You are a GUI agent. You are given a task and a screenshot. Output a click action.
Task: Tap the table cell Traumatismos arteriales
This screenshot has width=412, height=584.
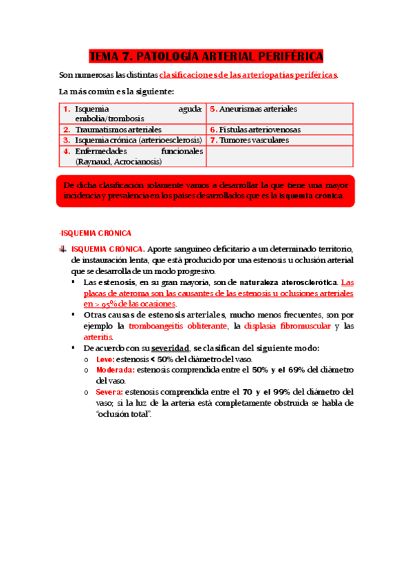tap(118, 129)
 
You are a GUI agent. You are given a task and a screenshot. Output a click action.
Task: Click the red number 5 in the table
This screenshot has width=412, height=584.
tap(213, 109)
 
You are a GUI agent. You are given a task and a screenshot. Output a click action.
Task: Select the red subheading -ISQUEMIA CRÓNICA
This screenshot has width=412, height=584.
tap(96, 233)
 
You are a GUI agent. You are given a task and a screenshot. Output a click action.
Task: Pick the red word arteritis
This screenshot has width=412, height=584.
tap(98, 337)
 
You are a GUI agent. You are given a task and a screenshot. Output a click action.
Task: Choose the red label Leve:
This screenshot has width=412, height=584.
tap(106, 359)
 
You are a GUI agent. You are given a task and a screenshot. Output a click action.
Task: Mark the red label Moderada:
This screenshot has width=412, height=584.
tap(116, 370)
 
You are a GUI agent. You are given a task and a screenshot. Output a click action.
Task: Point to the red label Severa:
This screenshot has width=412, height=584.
tap(110, 392)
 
